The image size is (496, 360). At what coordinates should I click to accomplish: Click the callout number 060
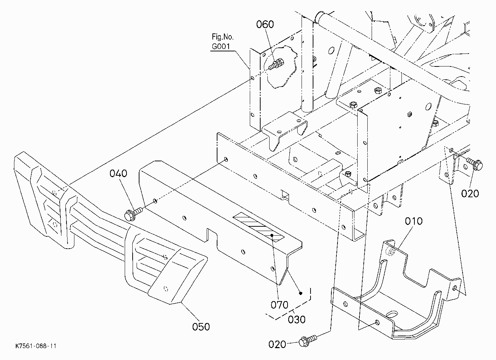(265, 24)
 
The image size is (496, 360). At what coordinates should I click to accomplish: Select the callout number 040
(118, 174)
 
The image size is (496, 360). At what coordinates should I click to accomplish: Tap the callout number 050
(201, 327)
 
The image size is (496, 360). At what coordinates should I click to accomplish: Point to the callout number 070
(279, 305)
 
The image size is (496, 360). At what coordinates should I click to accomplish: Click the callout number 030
(297, 319)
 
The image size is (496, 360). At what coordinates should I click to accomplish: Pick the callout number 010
(414, 221)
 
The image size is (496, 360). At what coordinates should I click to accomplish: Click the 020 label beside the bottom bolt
(277, 345)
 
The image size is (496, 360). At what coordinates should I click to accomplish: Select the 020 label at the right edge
(470, 194)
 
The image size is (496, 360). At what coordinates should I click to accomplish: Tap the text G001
(221, 46)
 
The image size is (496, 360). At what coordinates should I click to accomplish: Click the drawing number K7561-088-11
(36, 346)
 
